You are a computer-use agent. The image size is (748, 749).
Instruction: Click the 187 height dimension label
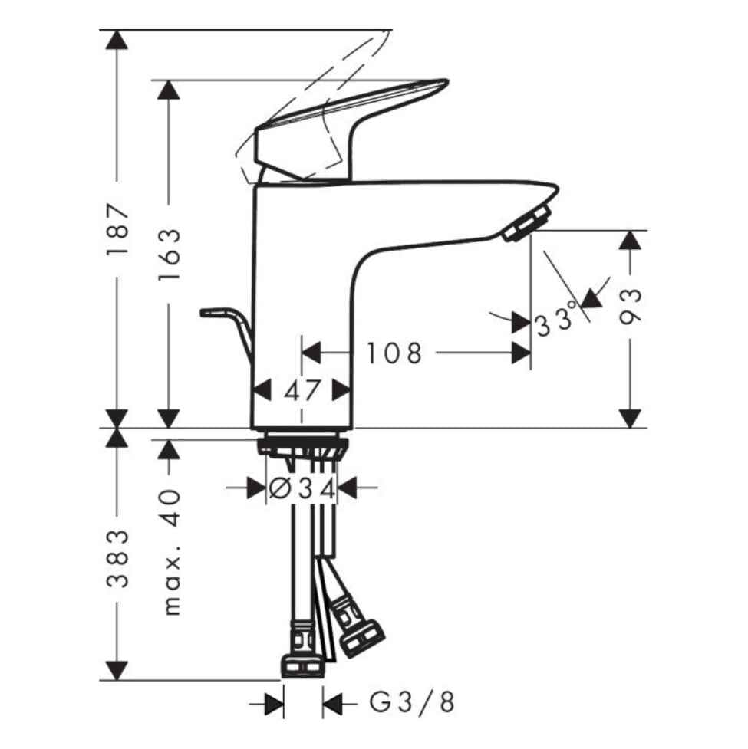(117, 231)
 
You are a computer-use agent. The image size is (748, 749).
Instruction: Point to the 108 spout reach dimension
(394, 353)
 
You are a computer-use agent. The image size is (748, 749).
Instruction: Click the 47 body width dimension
(302, 391)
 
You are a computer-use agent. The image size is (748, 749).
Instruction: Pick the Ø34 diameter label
(302, 488)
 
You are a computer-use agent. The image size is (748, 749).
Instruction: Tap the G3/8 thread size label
(412, 702)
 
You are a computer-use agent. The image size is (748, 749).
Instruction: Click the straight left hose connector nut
(302, 662)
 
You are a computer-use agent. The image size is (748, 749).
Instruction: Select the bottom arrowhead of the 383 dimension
(117, 669)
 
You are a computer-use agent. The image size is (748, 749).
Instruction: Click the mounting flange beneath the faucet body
(302, 445)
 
